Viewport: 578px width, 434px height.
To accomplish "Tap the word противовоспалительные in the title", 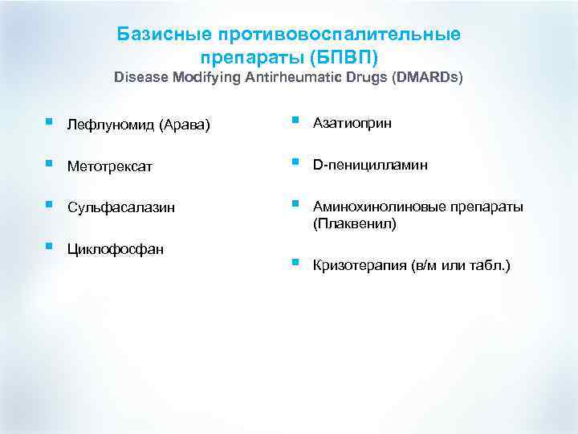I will click(338, 35).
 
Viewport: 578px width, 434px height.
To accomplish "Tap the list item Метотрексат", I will click(110, 166).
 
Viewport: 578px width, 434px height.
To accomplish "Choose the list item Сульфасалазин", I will click(116, 208).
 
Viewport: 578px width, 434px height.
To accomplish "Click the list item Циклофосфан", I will click(116, 249).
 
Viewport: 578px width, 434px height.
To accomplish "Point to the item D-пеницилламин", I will click(370, 165).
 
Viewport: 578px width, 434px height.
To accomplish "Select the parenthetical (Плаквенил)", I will click(354, 223).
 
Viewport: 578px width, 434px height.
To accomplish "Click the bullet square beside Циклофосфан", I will click(50, 246).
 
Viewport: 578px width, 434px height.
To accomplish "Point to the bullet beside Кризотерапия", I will click(296, 262).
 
